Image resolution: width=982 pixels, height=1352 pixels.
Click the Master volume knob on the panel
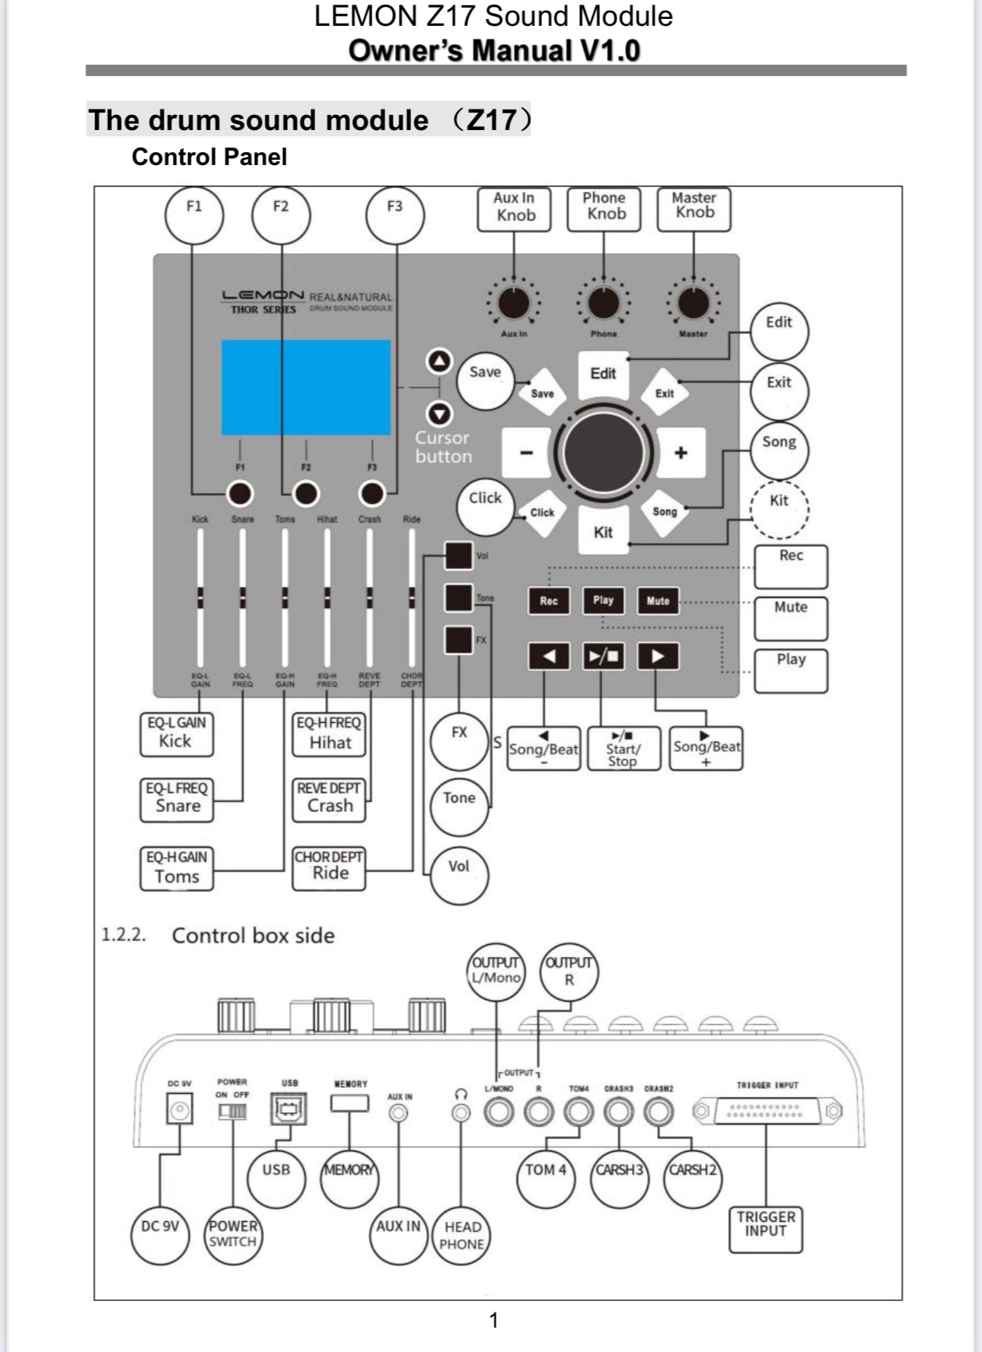(x=693, y=304)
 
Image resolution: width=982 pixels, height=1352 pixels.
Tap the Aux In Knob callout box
(x=514, y=208)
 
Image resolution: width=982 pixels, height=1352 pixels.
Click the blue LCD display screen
(x=306, y=387)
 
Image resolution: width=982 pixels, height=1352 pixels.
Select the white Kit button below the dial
(x=603, y=531)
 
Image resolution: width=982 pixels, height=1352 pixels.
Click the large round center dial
(x=604, y=452)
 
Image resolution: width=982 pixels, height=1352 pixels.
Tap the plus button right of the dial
(x=681, y=453)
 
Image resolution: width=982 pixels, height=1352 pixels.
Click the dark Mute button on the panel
(x=658, y=600)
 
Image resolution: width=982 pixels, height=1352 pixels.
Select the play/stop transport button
(x=604, y=656)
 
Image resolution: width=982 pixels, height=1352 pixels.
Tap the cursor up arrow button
(x=439, y=361)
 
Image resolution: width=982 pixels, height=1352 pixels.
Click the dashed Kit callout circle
(x=779, y=508)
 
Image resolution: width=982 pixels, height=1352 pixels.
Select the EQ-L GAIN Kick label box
(x=177, y=734)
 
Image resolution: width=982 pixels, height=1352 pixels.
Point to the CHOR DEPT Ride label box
(x=329, y=868)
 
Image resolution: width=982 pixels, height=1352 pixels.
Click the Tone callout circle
(x=459, y=805)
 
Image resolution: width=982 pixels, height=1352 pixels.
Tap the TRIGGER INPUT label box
(x=766, y=1229)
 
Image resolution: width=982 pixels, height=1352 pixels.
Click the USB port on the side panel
(x=289, y=1109)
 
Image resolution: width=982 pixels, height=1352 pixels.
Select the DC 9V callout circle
(x=160, y=1233)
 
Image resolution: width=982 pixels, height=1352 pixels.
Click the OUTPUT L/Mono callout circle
(x=496, y=971)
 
